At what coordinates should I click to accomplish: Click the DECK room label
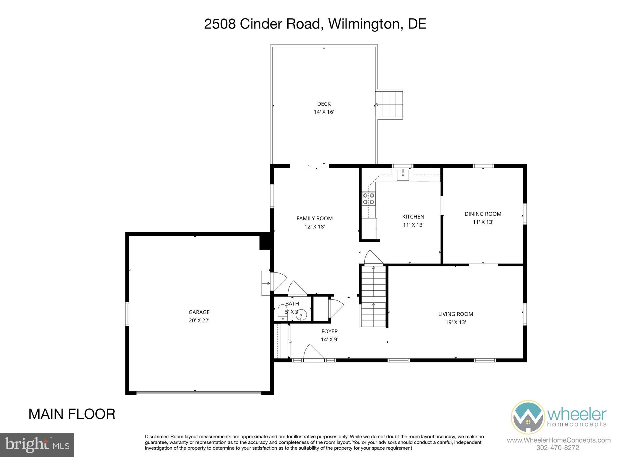pos(324,104)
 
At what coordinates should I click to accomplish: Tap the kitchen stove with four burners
pos(368,198)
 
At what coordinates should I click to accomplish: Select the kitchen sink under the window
pos(403,175)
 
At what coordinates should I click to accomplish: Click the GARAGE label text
pos(199,312)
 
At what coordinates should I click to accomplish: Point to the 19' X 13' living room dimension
pos(456,322)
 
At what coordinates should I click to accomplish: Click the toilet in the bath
pos(281,313)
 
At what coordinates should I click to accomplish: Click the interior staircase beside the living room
pos(373,296)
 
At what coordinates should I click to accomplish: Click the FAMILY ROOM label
pos(314,219)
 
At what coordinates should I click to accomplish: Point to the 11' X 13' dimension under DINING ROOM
pos(483,222)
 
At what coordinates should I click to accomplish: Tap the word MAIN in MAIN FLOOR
pos(46,414)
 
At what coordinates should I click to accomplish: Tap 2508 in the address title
pos(220,24)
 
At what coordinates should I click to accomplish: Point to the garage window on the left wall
pos(127,314)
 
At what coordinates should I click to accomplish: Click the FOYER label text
pos(329,331)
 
